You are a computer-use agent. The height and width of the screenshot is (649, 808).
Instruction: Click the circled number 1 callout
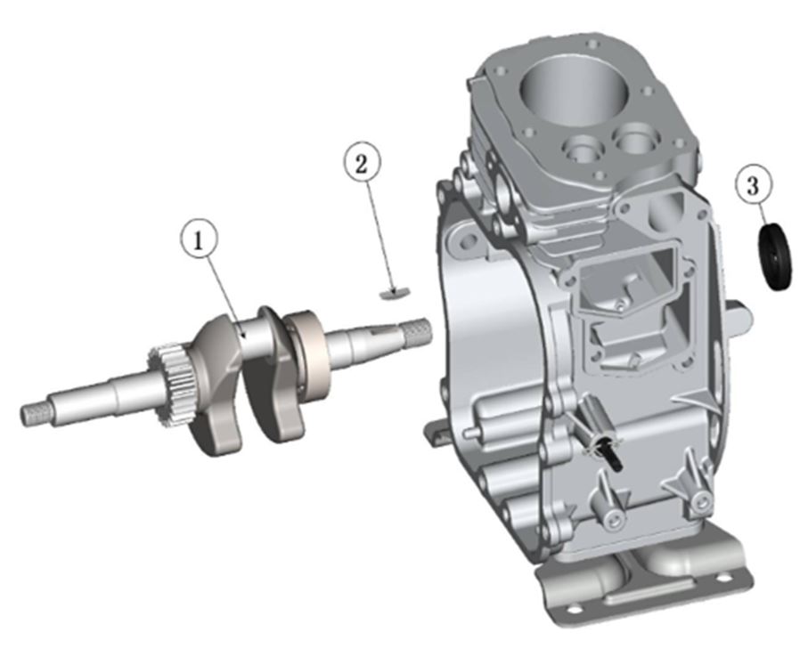coord(199,240)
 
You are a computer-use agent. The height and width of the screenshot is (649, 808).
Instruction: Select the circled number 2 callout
coord(363,163)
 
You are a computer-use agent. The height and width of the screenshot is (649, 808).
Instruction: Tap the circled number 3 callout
coord(754,185)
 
